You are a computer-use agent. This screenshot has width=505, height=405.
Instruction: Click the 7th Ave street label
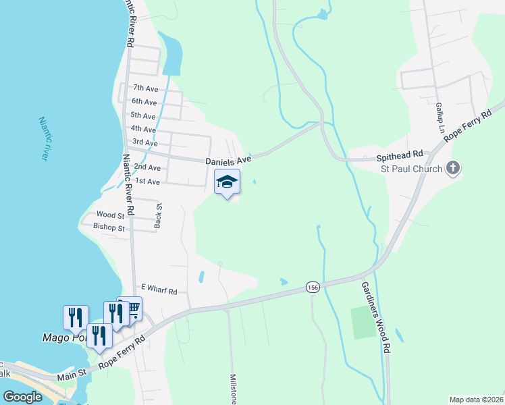145,88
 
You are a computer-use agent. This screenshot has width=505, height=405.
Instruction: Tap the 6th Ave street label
145,102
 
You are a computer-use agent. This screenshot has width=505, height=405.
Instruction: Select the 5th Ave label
143,115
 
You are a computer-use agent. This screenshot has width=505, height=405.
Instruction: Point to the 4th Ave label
143,129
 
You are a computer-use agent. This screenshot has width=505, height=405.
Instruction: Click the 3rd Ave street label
145,142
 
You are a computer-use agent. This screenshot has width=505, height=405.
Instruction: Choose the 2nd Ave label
147,167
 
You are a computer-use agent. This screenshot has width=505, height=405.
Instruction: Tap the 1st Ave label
147,182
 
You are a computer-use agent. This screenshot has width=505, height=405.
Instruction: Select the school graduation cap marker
228,182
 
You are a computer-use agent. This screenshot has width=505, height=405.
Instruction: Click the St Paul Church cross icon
453,168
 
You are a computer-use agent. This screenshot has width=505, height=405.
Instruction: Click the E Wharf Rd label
158,292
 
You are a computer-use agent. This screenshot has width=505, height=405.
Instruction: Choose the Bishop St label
109,228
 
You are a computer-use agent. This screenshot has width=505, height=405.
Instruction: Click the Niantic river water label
45,138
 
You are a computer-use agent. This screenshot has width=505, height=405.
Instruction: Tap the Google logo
23,397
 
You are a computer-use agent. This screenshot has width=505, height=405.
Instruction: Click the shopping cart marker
132,309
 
